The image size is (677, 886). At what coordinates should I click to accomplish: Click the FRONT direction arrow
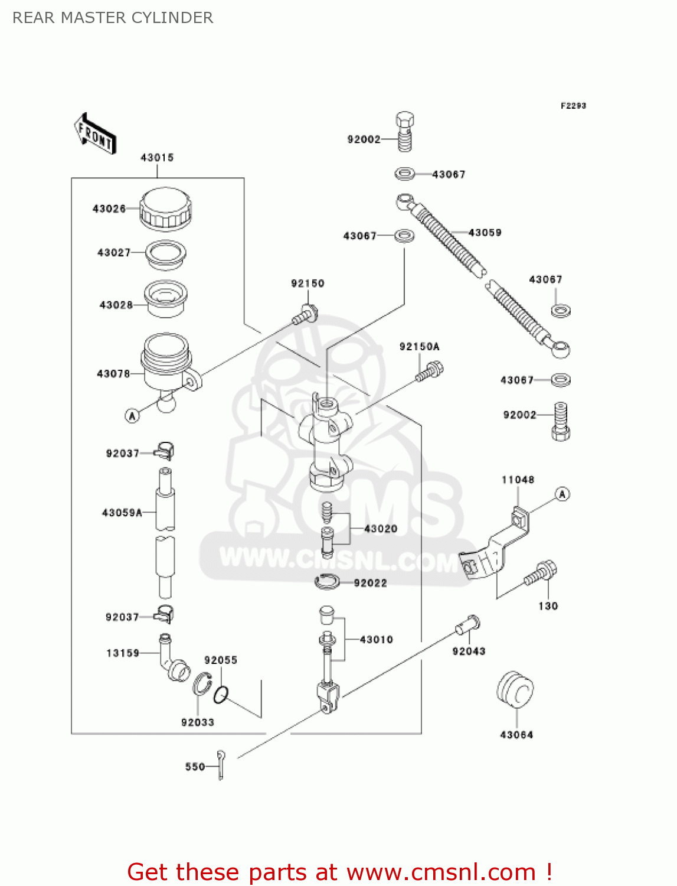pyautogui.click(x=95, y=134)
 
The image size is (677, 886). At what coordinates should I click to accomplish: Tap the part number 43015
pyautogui.click(x=157, y=158)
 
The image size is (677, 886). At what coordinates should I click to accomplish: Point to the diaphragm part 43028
pyautogui.click(x=166, y=298)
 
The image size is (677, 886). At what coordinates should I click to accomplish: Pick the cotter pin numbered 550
pyautogui.click(x=221, y=764)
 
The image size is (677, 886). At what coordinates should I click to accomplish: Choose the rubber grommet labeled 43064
pyautogui.click(x=515, y=689)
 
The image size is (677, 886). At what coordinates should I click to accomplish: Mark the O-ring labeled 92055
pyautogui.click(x=221, y=695)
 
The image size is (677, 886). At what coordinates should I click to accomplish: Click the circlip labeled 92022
pyautogui.click(x=327, y=582)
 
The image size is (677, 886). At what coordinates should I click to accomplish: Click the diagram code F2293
pyautogui.click(x=573, y=106)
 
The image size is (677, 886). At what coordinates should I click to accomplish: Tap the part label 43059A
pyautogui.click(x=122, y=513)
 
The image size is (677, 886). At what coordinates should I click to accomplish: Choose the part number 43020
pyautogui.click(x=381, y=529)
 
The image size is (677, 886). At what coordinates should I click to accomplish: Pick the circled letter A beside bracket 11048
pyautogui.click(x=562, y=494)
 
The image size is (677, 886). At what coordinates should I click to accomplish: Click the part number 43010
pyautogui.click(x=376, y=640)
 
